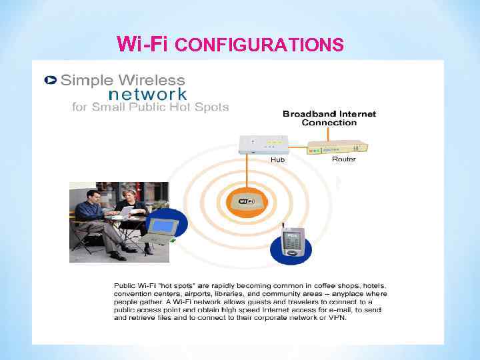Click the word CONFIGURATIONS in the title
tap(262, 45)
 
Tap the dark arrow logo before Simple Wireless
tap(50, 80)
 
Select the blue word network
tap(147, 95)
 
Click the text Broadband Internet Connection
tap(329, 118)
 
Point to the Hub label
tap(278, 160)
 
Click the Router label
tap(343, 159)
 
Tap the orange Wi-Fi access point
tap(247, 201)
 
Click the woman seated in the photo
tap(128, 213)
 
